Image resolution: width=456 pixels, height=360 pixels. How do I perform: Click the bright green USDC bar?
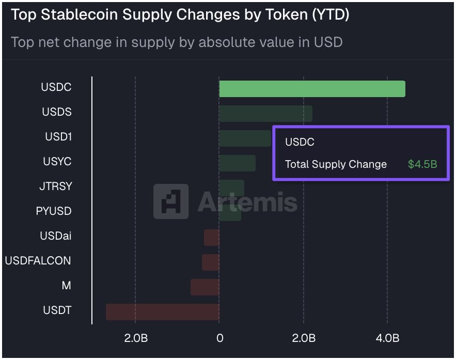point(312,89)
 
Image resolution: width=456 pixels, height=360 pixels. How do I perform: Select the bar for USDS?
point(265,114)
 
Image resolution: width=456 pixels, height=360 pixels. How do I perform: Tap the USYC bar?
point(237,163)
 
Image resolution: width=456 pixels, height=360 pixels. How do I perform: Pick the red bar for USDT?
point(163,312)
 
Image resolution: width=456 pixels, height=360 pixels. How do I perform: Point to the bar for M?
point(205,287)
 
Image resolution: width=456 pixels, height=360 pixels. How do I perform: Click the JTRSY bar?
point(231,188)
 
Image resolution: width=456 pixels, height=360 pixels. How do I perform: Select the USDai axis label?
point(56,236)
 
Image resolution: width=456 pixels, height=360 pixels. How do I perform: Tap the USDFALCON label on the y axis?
point(38,261)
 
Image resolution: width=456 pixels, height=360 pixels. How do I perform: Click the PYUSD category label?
point(54,211)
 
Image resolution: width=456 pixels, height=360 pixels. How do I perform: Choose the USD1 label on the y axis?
point(58,137)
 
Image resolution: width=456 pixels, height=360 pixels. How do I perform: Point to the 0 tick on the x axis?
point(220,339)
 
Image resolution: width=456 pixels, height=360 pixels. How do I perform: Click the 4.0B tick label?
point(387,339)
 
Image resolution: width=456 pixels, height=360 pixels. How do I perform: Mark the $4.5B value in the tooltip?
point(422,165)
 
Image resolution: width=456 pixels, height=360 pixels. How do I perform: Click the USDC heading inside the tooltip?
point(300,142)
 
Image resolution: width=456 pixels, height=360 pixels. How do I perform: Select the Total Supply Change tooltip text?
point(336,165)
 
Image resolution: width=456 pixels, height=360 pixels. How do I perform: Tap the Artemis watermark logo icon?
point(171,201)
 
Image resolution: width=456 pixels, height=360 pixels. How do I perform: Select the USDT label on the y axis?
point(57,310)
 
